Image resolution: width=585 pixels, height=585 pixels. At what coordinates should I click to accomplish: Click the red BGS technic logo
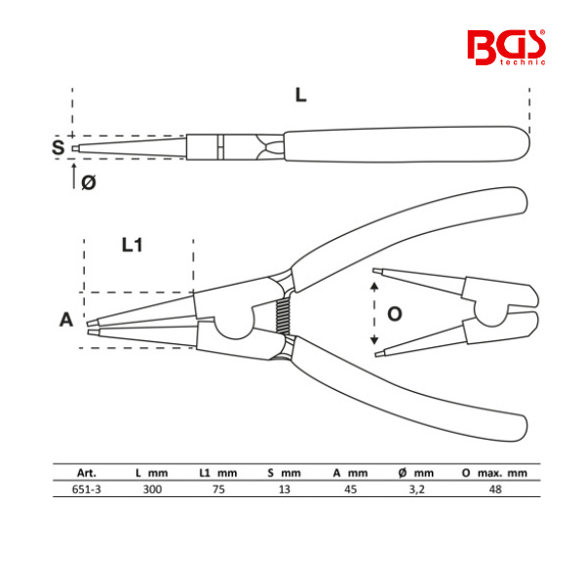pyautogui.click(x=506, y=48)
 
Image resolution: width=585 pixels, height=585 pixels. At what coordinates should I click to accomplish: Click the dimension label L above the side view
pyautogui.click(x=300, y=96)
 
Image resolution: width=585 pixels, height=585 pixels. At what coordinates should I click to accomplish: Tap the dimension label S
pyautogui.click(x=58, y=147)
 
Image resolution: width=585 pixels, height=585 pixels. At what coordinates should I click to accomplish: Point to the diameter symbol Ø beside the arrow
pyautogui.click(x=89, y=182)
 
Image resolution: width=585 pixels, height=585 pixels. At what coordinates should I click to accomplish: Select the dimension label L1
pyautogui.click(x=132, y=245)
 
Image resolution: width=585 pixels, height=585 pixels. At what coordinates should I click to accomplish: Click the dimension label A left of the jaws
pyautogui.click(x=66, y=320)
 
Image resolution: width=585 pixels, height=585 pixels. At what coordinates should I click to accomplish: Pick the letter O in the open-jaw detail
pyautogui.click(x=395, y=314)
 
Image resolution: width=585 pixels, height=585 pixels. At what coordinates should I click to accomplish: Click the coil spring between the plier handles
pyautogui.click(x=283, y=316)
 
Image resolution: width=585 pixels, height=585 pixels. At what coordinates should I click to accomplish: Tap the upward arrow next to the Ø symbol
pyautogui.click(x=74, y=175)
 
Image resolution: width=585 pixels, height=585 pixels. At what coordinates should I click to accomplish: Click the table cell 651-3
pyautogui.click(x=87, y=489)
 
